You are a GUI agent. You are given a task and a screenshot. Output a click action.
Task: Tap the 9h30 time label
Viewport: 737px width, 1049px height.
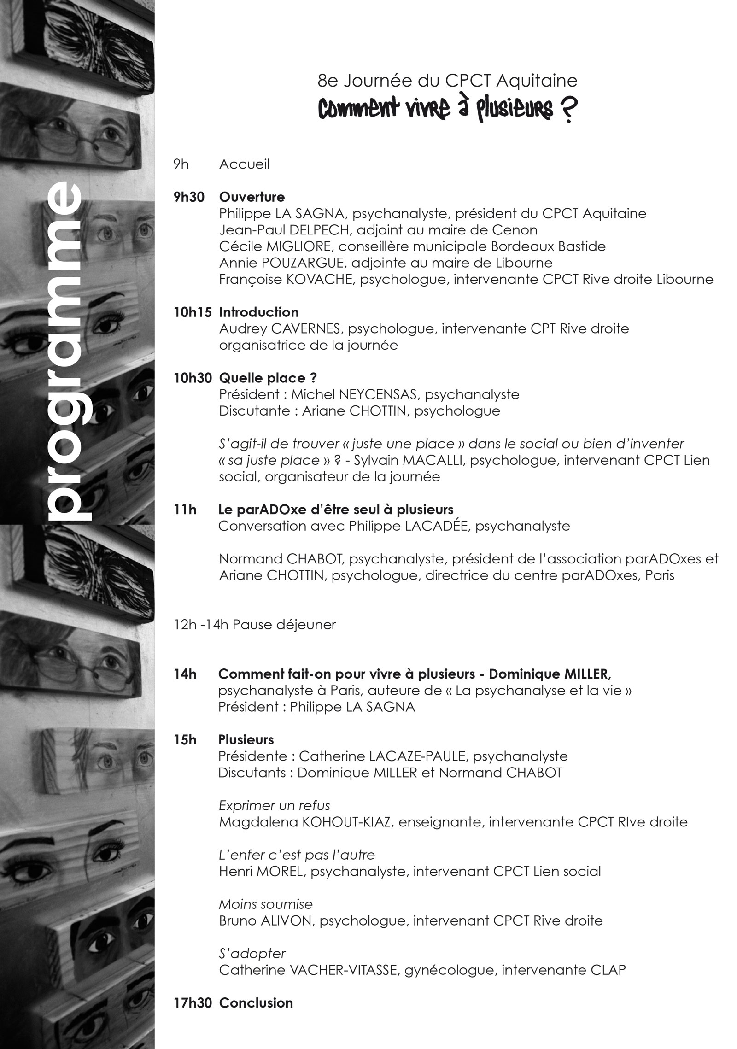pos(189,197)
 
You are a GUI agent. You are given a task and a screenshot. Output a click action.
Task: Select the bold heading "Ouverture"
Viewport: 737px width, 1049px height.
pos(252,197)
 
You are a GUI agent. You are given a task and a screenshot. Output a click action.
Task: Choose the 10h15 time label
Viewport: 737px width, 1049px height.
pos(193,312)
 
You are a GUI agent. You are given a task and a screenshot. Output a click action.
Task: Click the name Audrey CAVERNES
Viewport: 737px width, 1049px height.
pos(281,329)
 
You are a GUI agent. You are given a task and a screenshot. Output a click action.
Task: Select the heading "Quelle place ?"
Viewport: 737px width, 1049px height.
pos(268,378)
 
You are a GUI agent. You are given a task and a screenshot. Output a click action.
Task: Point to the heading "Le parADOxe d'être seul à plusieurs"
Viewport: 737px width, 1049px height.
pos(336,510)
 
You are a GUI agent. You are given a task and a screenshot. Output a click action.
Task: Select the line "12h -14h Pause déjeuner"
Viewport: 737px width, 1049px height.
pos(255,625)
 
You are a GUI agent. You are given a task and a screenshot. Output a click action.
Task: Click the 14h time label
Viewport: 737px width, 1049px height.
pos(185,674)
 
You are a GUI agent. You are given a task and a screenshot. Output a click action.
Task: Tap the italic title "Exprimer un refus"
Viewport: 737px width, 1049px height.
pos(275,806)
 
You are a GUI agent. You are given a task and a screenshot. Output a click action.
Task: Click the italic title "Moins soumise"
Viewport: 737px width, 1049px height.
pos(266,904)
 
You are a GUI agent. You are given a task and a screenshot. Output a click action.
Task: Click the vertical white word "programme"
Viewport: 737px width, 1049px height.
pos(64,353)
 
